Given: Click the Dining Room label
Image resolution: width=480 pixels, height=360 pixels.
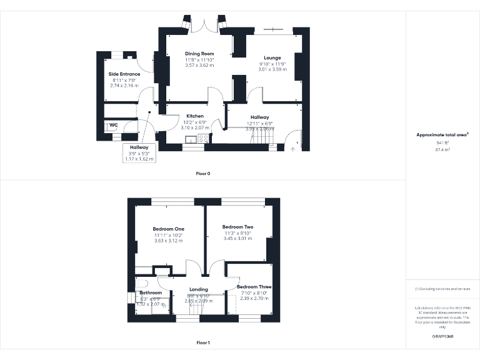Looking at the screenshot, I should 199,54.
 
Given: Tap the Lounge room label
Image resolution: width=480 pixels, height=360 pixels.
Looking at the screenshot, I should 272,58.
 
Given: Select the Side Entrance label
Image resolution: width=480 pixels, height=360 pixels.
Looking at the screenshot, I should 125,74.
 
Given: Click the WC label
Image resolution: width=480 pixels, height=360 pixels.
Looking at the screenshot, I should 114,125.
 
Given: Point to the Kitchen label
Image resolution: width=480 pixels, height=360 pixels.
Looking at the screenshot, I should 195,116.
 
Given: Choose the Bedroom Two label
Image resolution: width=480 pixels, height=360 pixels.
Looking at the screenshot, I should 237,227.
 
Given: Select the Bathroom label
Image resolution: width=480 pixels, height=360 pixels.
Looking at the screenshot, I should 151,292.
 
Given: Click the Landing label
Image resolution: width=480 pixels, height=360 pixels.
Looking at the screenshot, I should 199,289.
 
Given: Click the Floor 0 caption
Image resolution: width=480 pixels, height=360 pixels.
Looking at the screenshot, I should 203,173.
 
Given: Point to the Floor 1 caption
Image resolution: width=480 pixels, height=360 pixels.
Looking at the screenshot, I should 203,342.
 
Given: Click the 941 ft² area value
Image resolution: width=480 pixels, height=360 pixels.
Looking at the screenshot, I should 442,142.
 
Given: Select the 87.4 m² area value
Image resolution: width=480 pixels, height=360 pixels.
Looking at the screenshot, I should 442,149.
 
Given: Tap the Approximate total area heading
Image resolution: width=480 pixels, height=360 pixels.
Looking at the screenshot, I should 442,134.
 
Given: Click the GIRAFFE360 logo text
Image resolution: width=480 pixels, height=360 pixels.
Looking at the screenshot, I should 442,337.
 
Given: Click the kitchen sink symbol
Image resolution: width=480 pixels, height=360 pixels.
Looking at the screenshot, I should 189,138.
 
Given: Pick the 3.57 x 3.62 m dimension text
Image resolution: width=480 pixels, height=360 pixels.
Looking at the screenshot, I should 199,65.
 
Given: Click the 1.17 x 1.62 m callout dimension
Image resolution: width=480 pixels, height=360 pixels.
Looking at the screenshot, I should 139,159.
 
